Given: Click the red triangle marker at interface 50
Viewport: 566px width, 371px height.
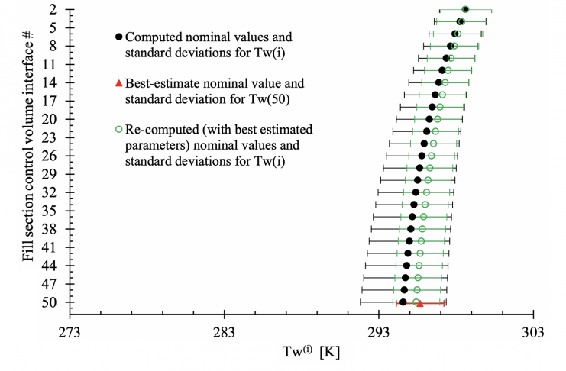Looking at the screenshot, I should (x=419, y=304).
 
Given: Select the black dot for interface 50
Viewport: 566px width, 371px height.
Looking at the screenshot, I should (x=403, y=302).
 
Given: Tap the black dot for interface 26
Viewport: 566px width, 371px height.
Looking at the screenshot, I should (x=422, y=156).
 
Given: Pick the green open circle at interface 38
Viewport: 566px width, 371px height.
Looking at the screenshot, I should (x=422, y=229).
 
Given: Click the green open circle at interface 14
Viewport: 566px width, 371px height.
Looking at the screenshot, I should (x=445, y=82).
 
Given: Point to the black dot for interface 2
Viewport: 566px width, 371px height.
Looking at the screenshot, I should (x=465, y=9).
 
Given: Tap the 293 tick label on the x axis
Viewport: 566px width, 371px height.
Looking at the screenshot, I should (x=379, y=332).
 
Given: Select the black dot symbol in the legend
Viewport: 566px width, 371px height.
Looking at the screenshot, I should (x=118, y=37).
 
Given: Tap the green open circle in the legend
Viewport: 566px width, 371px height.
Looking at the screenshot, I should (x=118, y=129).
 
